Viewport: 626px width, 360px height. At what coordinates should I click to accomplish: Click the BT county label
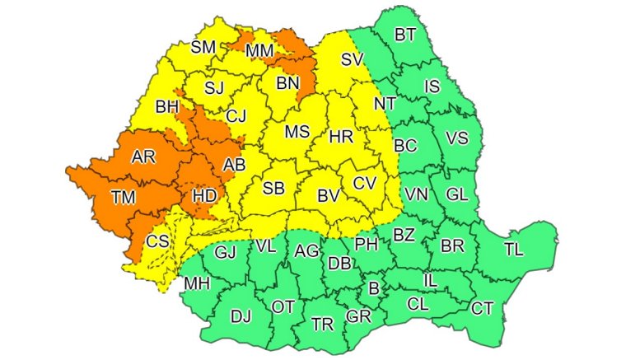405,35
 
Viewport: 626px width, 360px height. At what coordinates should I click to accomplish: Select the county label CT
482,309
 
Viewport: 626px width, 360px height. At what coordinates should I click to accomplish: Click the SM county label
203,47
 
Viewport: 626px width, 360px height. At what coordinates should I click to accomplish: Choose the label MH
197,284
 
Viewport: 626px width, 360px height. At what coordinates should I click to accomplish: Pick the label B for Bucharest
373,289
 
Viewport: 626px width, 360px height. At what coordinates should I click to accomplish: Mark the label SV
353,59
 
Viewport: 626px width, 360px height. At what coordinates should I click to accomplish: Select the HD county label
204,197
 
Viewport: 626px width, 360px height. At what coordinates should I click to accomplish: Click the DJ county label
241,316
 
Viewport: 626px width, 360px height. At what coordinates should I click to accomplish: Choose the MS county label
297,132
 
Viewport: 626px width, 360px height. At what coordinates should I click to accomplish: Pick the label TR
322,325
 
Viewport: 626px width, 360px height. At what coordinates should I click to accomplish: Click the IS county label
430,85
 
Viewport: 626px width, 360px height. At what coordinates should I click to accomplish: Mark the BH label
167,106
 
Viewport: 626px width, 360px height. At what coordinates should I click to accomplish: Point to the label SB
273,189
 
